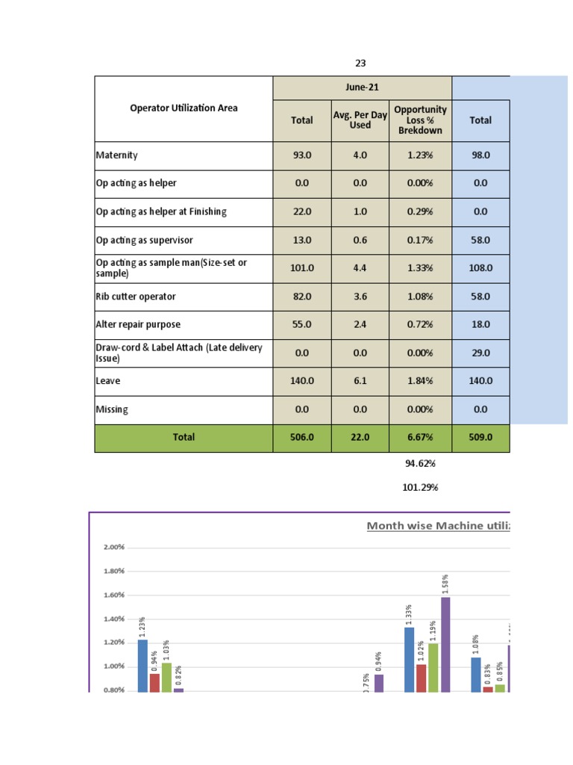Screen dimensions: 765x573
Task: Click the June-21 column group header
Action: [362, 87]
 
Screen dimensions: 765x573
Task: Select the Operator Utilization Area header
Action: [184, 108]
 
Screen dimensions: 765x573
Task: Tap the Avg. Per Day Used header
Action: [360, 120]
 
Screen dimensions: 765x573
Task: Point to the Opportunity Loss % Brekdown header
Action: [420, 120]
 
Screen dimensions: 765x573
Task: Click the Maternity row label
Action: [117, 155]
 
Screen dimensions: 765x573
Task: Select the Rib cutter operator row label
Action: [136, 297]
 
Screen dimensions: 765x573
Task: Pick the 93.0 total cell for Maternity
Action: [302, 155]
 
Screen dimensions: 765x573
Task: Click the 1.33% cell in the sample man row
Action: [420, 268]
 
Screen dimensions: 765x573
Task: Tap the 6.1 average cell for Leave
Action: [360, 381]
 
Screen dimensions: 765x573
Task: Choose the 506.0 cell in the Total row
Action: [302, 438]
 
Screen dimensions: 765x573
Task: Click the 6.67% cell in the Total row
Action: [420, 438]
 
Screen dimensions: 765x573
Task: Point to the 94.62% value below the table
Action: [420, 464]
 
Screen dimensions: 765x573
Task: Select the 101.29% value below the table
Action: [420, 488]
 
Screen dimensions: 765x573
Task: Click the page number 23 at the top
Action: [360, 64]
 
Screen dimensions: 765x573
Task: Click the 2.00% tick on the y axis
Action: [113, 547]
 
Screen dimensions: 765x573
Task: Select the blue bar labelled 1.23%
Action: [143, 665]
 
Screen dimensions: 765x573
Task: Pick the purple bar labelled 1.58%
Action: [445, 644]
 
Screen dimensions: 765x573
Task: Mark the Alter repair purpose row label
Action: [138, 325]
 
